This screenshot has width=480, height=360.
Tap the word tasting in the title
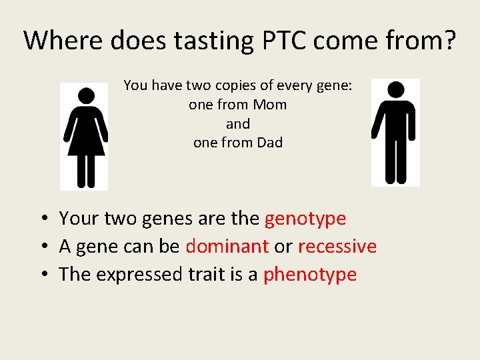212,41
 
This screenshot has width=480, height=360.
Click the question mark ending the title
450,41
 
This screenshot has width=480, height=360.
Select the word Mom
271,105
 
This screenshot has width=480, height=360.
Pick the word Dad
269,142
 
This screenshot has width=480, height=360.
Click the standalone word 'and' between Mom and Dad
238,123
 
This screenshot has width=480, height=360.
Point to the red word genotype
305,219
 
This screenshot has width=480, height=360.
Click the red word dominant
227,246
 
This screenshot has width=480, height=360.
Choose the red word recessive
337,246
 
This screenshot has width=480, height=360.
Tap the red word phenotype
310,274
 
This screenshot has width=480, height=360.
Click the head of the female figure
85,96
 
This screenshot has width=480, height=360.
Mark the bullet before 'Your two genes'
42,219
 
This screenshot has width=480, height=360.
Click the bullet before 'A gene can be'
42,247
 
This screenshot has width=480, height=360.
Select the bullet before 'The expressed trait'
42,275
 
